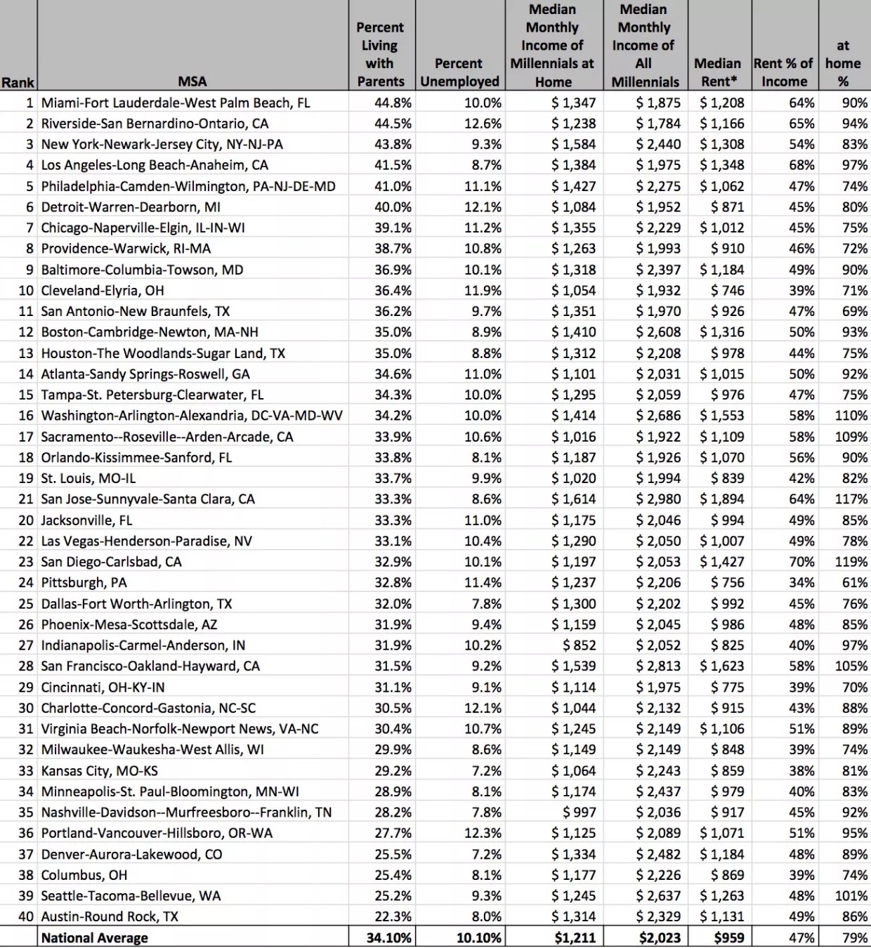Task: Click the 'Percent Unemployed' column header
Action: pyautogui.click(x=459, y=72)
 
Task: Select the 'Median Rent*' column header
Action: pyautogui.click(x=718, y=72)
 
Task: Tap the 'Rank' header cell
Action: pyautogui.click(x=18, y=82)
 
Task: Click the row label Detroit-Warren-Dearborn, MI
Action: pyautogui.click(x=131, y=207)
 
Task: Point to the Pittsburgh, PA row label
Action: pyautogui.click(x=84, y=583)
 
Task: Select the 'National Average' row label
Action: pyautogui.click(x=95, y=938)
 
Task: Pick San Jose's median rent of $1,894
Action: pyautogui.click(x=722, y=499)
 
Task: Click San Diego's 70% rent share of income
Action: pyautogui.click(x=801, y=562)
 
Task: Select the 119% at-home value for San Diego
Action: pyautogui.click(x=851, y=562)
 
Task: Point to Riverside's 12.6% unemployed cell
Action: pyautogui.click(x=483, y=124)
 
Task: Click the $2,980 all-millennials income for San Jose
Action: pyautogui.click(x=658, y=499)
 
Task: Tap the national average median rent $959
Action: pyautogui.click(x=728, y=938)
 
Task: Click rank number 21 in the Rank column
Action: pyautogui.click(x=26, y=499)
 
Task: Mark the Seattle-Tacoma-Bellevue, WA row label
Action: pyautogui.click(x=131, y=896)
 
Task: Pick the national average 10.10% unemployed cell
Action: pyautogui.click(x=479, y=938)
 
